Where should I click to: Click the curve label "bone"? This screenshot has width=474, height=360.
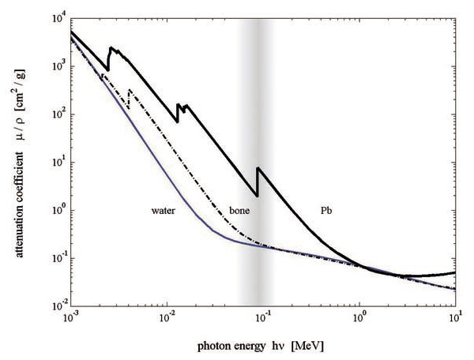(x=239, y=212)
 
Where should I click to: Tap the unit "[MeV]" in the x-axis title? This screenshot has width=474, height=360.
(x=308, y=346)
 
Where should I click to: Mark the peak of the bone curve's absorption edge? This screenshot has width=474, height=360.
(x=129, y=90)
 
